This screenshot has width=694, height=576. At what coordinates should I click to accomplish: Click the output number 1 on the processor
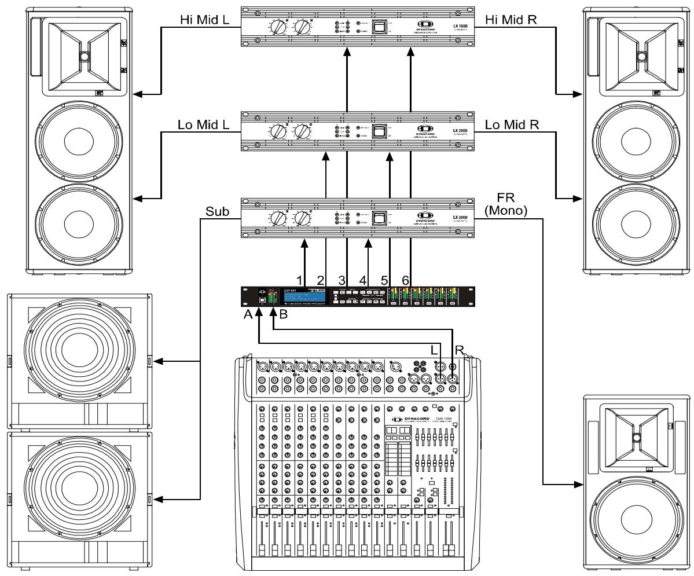click(299, 280)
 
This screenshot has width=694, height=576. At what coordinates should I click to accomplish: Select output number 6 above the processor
click(406, 280)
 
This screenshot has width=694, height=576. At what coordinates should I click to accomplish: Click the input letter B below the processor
click(284, 315)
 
